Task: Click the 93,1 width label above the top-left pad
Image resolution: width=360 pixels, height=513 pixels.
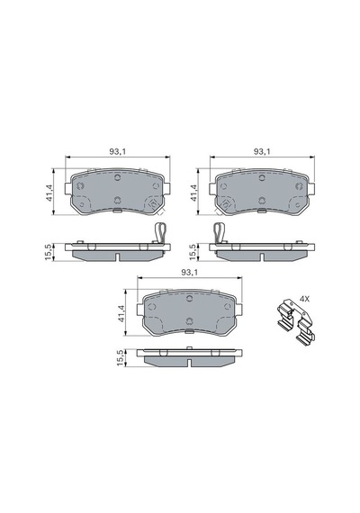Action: pyautogui.click(x=118, y=151)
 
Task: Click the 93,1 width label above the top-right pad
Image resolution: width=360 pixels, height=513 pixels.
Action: pyautogui.click(x=262, y=151)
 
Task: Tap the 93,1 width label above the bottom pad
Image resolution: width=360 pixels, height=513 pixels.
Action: pyautogui.click(x=190, y=272)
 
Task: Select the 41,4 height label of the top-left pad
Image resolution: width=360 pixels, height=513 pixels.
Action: pyautogui.click(x=49, y=193)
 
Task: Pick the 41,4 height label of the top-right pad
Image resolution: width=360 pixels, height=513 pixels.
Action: pyautogui.click(x=193, y=193)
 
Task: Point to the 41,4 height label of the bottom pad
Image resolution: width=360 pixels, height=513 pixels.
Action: pyautogui.click(x=121, y=313)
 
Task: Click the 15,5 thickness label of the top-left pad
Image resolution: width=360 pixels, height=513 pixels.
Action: pyautogui.click(x=49, y=252)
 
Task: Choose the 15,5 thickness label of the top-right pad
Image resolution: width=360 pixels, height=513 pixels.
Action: pyautogui.click(x=193, y=252)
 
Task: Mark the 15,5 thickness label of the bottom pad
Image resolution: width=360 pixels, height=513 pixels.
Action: pyautogui.click(x=121, y=357)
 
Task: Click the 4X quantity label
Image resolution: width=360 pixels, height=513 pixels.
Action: pyautogui.click(x=304, y=299)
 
